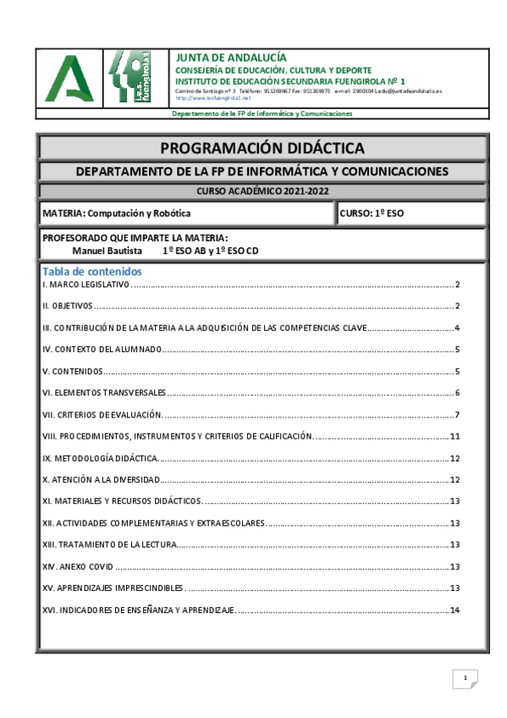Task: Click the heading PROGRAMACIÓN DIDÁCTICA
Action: [262, 148]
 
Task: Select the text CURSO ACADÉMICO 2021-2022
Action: [262, 191]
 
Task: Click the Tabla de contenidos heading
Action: [91, 272]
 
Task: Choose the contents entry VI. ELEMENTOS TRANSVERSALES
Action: [104, 393]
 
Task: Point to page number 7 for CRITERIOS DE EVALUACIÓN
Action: [457, 415]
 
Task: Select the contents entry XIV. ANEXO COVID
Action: [77, 567]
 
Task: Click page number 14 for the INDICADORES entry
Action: [455, 610]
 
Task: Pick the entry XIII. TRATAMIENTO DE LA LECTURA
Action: [109, 545]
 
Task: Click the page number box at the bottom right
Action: [465, 678]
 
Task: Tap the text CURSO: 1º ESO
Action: [372, 213]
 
